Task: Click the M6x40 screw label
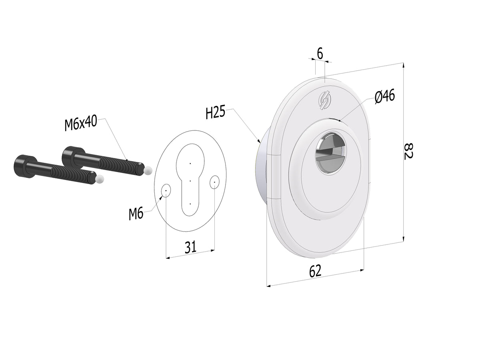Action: click(x=81, y=124)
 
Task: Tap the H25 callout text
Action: click(x=215, y=112)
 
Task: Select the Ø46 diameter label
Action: click(x=385, y=96)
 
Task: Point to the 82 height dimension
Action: click(x=408, y=151)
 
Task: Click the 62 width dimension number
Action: click(x=315, y=271)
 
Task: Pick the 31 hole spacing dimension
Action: click(x=190, y=247)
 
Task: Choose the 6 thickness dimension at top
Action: click(x=320, y=53)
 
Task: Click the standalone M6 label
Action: click(x=136, y=214)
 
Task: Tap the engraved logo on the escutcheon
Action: click(x=324, y=100)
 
